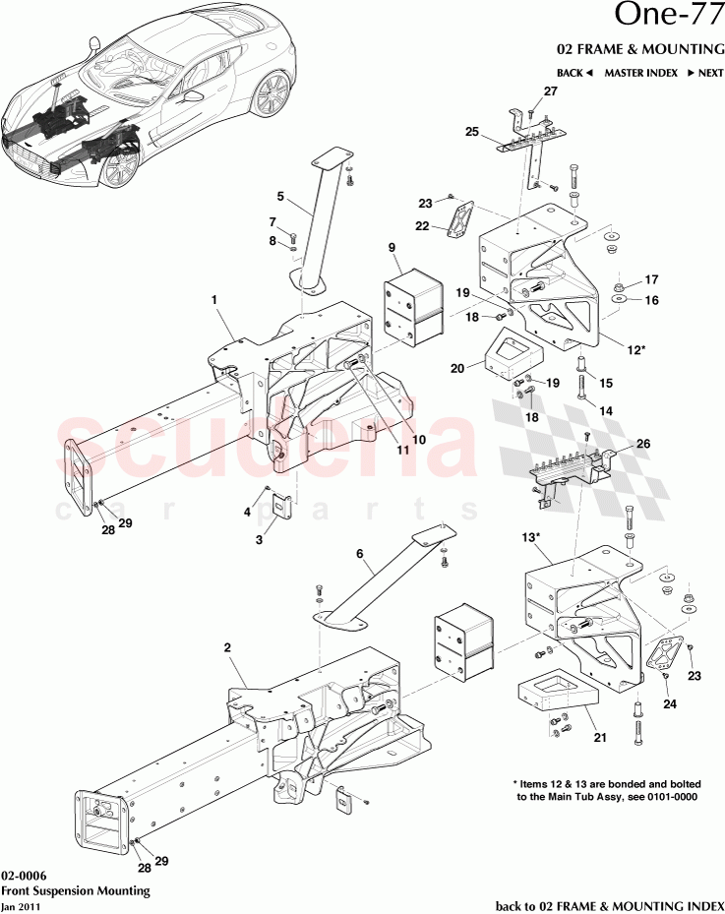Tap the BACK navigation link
(x=574, y=73)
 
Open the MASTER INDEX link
(x=639, y=73)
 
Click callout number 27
(x=549, y=91)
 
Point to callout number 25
(x=471, y=131)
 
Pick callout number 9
(x=391, y=247)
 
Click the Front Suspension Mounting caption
(x=75, y=890)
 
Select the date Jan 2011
(x=22, y=905)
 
